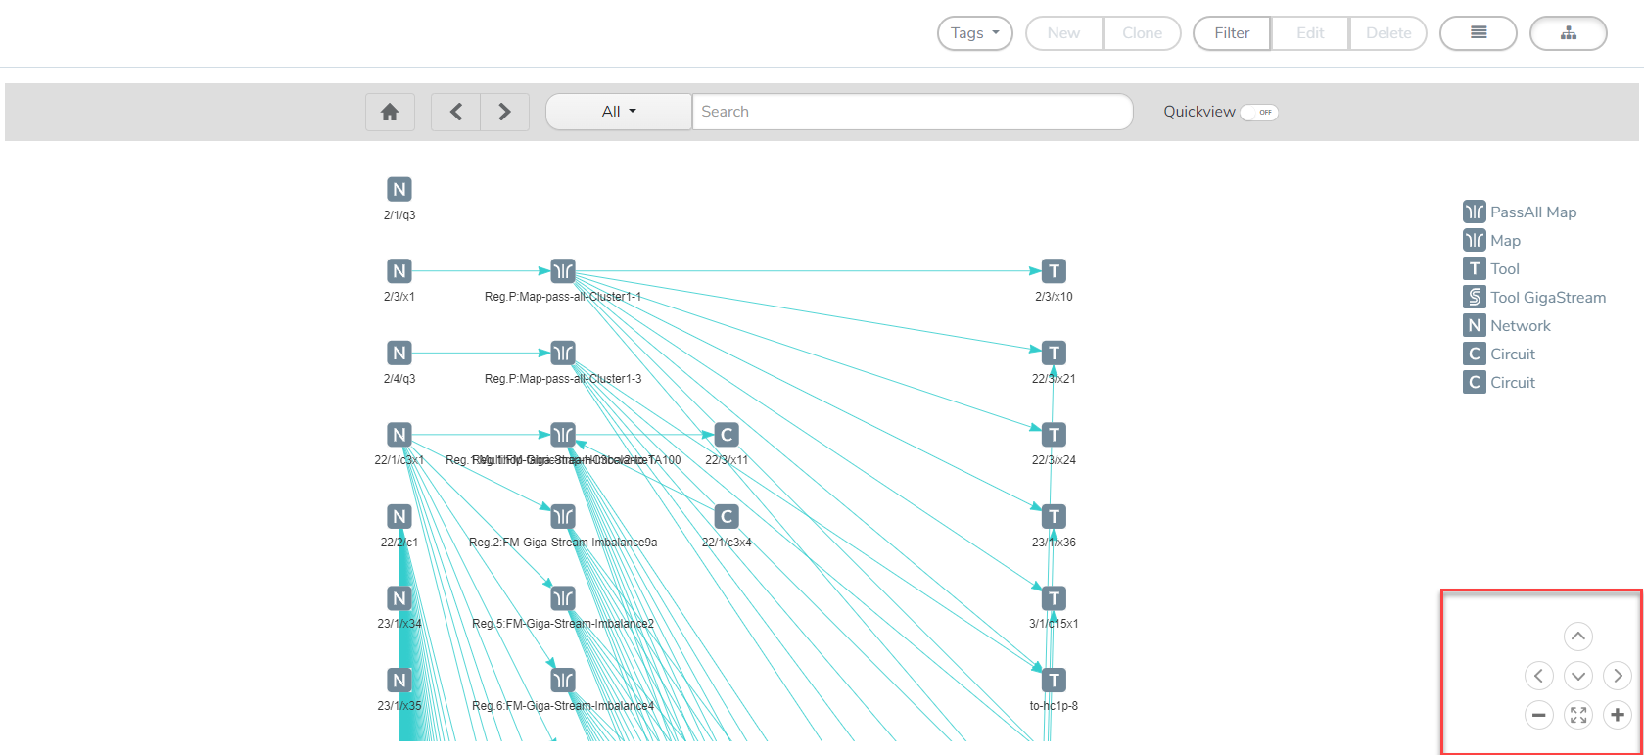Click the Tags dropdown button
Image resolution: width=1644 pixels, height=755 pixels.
pos(974,33)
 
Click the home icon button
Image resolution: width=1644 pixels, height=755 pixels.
pos(390,112)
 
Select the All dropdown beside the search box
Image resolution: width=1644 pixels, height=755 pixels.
pos(619,112)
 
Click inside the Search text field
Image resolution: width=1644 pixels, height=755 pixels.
pos(911,112)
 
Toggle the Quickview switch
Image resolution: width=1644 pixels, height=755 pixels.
pos(1259,112)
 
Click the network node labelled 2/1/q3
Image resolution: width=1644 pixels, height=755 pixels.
pos(399,190)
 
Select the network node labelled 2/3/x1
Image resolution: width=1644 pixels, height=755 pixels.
pos(399,271)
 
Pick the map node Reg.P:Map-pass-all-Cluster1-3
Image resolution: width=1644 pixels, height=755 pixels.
pos(563,353)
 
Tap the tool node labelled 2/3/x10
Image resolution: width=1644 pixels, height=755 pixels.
pos(1054,271)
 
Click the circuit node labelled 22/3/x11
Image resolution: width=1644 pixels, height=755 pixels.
pos(726,435)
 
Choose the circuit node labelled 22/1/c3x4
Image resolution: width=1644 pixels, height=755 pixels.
pos(726,516)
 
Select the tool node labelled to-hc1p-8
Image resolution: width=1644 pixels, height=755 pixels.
pos(1054,680)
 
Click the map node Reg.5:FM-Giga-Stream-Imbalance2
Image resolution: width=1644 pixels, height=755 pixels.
pos(563,598)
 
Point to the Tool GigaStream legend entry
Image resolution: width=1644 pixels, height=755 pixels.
pos(1534,298)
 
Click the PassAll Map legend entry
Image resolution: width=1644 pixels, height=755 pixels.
pos(1520,212)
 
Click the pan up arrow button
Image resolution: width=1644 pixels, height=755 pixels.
pos(1578,637)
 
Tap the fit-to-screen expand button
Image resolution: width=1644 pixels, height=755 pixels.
pos(1578,715)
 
